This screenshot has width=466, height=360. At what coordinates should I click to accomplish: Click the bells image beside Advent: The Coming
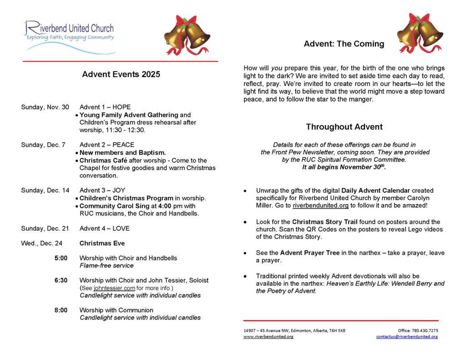pyautogui.click(x=419, y=33)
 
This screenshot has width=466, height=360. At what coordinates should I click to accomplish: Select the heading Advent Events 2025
pyautogui.click(x=121, y=74)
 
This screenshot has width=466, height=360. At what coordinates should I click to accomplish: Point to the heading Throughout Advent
pyautogui.click(x=344, y=127)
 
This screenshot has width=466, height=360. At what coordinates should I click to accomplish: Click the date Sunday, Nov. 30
pyautogui.click(x=45, y=107)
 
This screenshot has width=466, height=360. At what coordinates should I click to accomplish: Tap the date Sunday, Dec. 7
pyautogui.click(x=43, y=145)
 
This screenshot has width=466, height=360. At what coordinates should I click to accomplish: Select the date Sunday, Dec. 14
pyautogui.click(x=45, y=190)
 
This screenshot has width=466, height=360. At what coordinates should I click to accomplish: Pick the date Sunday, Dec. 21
pyautogui.click(x=45, y=228)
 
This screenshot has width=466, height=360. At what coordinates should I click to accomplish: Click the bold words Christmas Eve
pyautogui.click(x=102, y=243)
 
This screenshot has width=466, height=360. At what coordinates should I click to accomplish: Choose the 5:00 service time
pyautogui.click(x=61, y=258)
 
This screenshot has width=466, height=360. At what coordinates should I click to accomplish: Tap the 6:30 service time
pyautogui.click(x=61, y=280)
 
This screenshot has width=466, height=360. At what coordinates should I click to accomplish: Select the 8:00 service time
pyautogui.click(x=61, y=310)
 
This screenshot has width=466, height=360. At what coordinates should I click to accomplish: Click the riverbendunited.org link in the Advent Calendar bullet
pyautogui.click(x=320, y=206)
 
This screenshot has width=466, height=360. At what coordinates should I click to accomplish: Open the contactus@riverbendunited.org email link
pyautogui.click(x=407, y=337)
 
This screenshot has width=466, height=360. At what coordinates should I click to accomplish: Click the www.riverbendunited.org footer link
pyautogui.click(x=268, y=337)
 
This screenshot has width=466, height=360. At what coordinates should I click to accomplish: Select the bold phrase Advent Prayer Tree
pyautogui.click(x=310, y=253)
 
